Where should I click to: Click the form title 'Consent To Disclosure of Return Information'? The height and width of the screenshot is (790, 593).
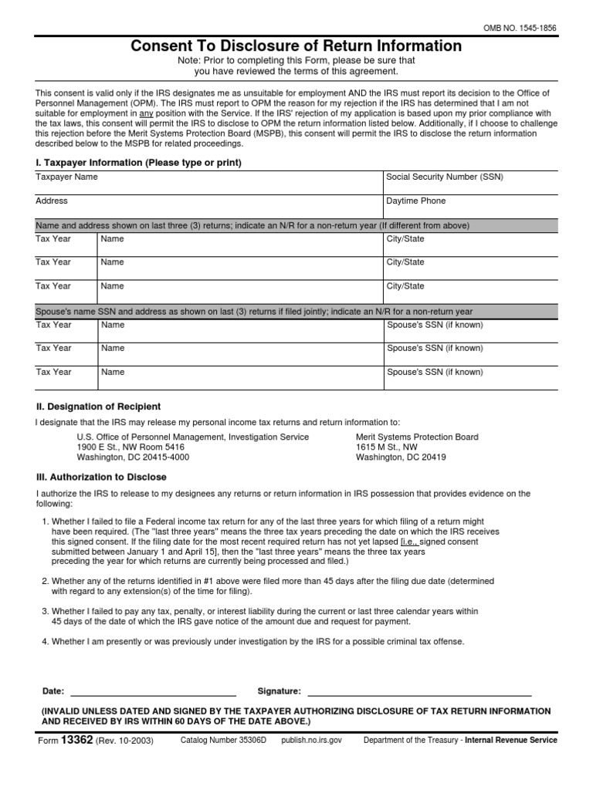pos(296,46)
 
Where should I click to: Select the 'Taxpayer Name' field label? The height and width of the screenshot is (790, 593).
pos(67,177)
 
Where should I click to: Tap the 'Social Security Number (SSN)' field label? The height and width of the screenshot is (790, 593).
pos(444,177)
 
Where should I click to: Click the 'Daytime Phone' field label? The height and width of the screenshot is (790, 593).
pos(416,201)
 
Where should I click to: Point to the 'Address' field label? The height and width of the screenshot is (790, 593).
pos(52,201)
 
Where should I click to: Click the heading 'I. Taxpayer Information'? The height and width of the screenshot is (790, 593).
pos(139,163)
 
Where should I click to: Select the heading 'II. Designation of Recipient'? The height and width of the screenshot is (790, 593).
pos(98,407)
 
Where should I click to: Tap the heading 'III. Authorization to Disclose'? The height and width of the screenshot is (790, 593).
pos(101,477)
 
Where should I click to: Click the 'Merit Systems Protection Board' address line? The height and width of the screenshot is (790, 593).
pos(417,437)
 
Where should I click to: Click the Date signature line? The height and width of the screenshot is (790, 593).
pos(153,691)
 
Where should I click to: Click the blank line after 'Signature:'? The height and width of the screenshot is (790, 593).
pos(419,691)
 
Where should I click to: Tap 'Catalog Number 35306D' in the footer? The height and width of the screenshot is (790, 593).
pos(223,740)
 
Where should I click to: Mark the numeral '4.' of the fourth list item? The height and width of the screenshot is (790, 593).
pos(45,642)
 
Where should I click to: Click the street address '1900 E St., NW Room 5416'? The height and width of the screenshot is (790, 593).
pos(130,447)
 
